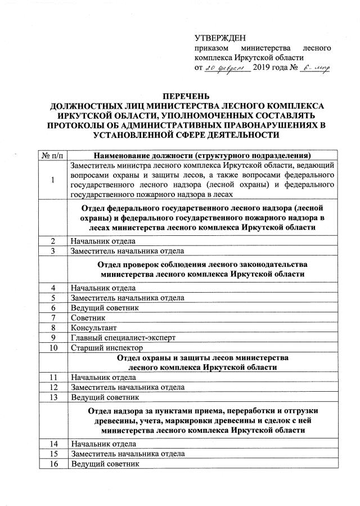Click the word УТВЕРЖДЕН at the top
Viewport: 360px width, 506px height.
(220, 38)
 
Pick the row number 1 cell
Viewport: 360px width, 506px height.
(53, 180)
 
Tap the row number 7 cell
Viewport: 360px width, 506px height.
(53, 317)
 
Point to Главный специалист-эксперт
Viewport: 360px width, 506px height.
(123, 338)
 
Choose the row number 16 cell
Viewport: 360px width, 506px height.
(53, 463)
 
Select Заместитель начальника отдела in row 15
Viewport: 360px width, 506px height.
(127, 453)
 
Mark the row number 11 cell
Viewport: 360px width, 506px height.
(53, 377)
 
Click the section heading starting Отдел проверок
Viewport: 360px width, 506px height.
(202, 269)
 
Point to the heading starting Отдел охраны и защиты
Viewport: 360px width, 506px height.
(202, 362)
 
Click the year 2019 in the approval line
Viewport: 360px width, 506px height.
(267, 68)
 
